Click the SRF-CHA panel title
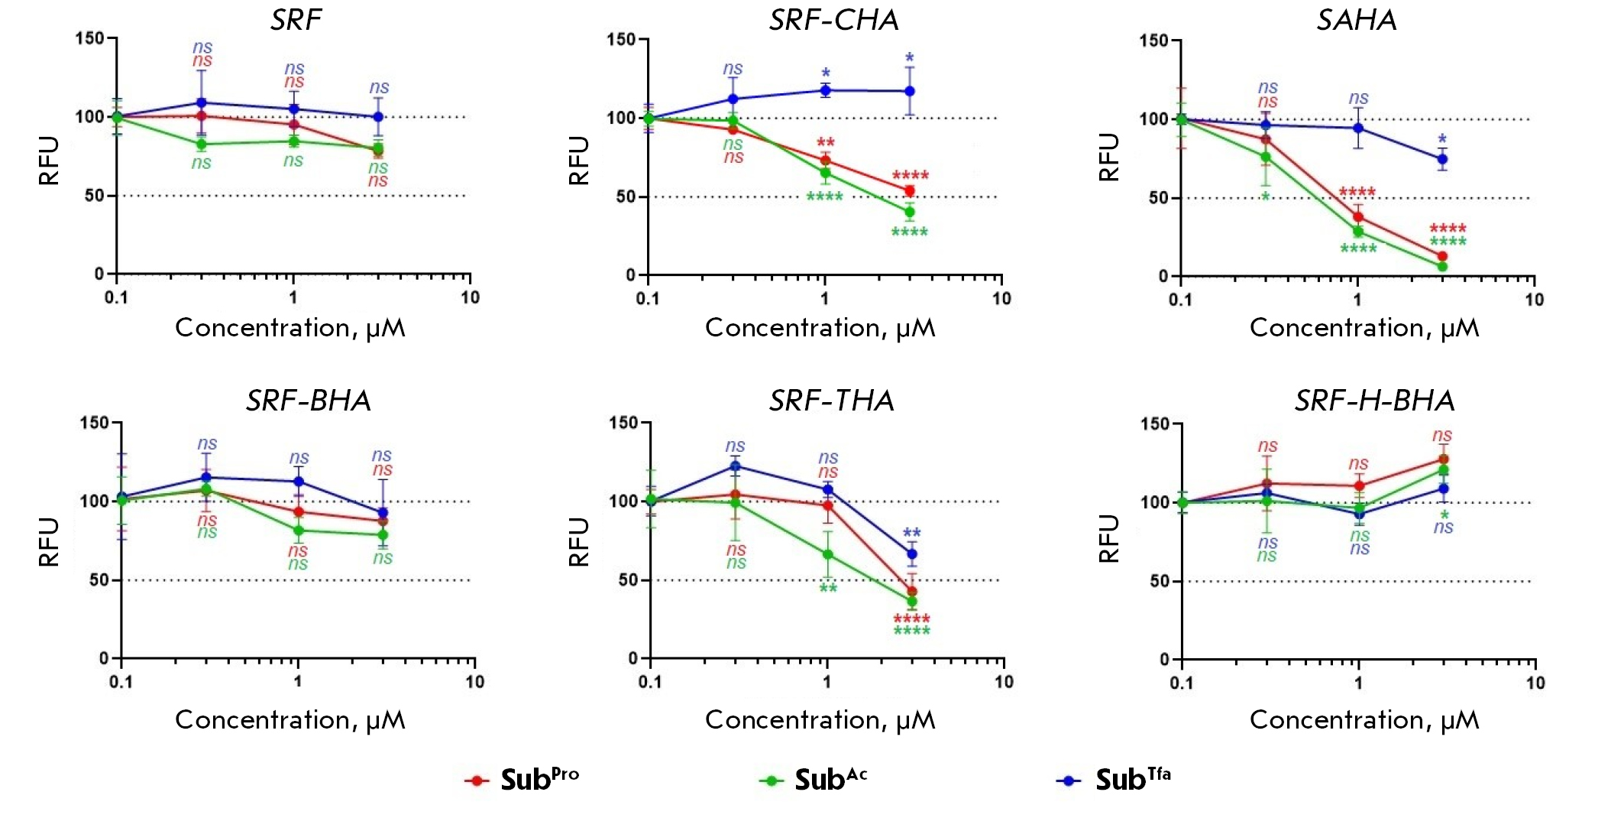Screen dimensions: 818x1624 click(833, 20)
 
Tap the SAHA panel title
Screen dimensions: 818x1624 click(1357, 20)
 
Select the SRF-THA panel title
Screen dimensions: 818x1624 click(831, 401)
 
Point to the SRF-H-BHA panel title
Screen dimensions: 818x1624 click(1374, 401)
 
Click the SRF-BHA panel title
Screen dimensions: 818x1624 click(309, 401)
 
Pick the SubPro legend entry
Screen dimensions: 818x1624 click(522, 780)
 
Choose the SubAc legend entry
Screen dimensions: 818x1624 click(814, 780)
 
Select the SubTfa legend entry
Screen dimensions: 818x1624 click(1114, 780)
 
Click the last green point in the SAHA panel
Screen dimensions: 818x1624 click(1442, 266)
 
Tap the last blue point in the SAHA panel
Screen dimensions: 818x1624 click(1442, 159)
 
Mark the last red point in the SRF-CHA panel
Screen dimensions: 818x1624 click(910, 191)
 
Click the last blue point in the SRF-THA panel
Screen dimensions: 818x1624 click(911, 554)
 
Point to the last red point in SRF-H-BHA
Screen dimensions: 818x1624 click(1443, 459)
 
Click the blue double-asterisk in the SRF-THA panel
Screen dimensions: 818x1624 click(911, 534)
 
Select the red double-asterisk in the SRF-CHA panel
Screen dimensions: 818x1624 click(825, 143)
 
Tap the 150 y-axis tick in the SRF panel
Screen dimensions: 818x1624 click(89, 38)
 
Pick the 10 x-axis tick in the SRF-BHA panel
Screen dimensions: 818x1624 click(475, 681)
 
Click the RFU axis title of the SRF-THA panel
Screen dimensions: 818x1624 click(579, 541)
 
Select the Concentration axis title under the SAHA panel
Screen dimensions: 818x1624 click(1364, 328)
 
